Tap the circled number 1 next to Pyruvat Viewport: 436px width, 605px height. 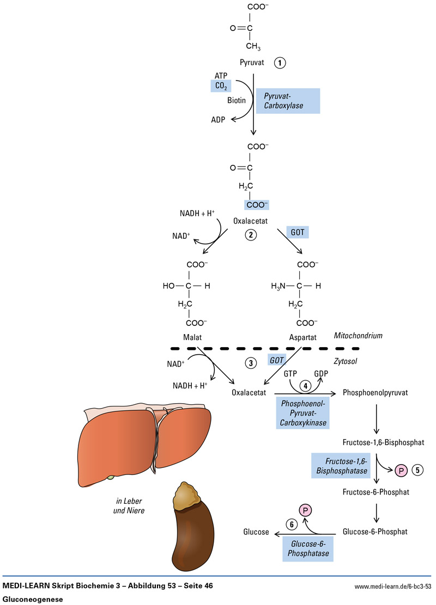[280, 63]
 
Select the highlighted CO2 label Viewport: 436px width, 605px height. [222, 86]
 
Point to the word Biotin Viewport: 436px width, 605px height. [235, 100]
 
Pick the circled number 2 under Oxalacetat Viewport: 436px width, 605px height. [250, 235]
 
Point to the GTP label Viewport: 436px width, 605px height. [290, 374]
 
